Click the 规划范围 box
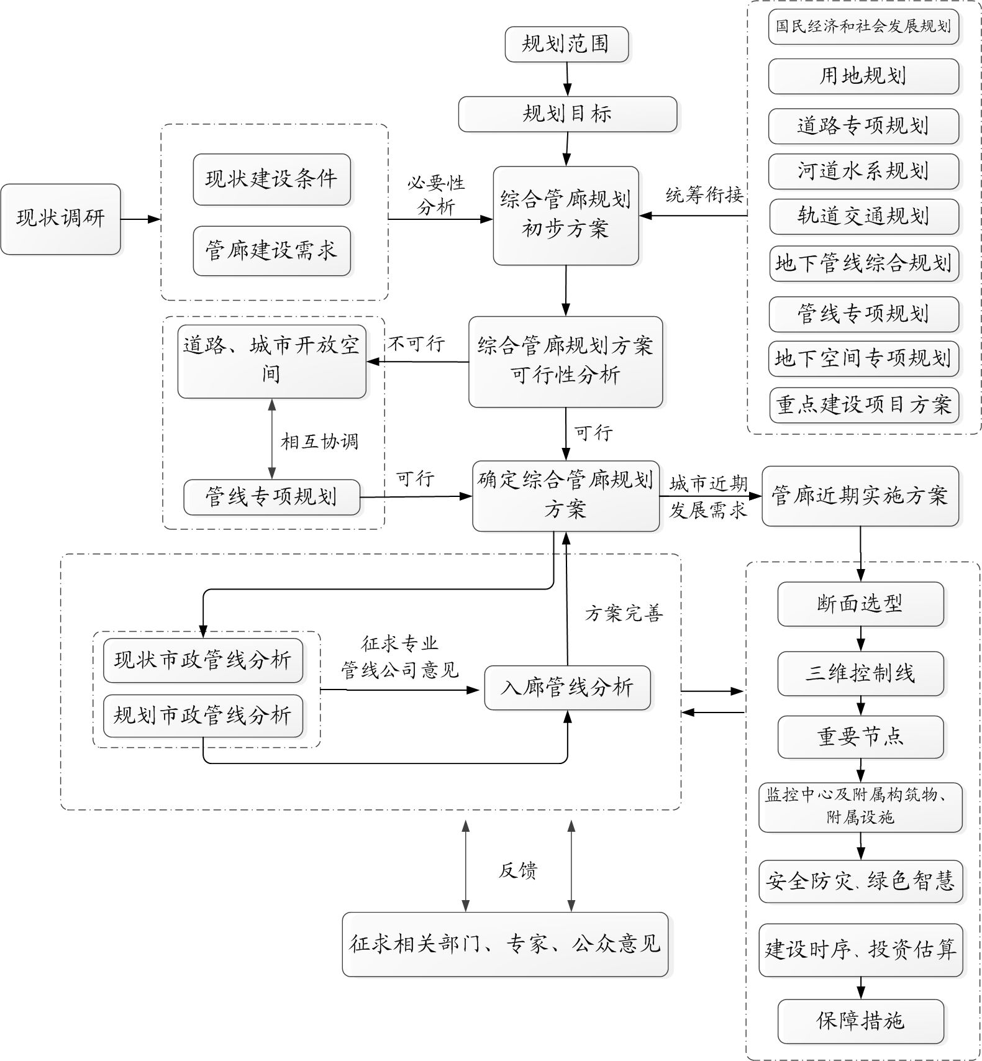[566, 44]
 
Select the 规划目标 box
[567, 114]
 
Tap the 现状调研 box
[60, 219]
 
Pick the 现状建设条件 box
[271, 179]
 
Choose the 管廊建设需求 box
[271, 250]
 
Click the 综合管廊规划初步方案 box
[566, 215]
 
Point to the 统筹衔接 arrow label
[704, 195]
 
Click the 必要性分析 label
[436, 194]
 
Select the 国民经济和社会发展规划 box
[863, 26]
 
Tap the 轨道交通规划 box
[863, 216]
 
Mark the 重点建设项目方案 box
[863, 404]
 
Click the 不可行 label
[417, 344]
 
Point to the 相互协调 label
[319, 442]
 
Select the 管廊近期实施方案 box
[860, 496]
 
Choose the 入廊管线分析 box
[567, 687]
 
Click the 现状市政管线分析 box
[203, 660]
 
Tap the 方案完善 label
[624, 614]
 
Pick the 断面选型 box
[860, 603]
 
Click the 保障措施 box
[860, 1021]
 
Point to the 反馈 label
[517, 870]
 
